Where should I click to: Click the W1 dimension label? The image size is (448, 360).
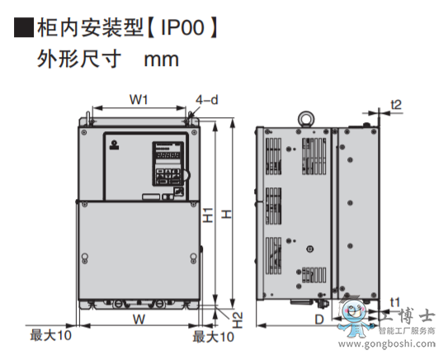pos(139,100)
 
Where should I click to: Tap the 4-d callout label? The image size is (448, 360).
pos(207,100)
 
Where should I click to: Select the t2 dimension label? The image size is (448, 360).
pos(396,105)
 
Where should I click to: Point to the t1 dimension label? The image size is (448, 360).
pos(395,302)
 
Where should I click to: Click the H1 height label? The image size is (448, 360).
pos(208,215)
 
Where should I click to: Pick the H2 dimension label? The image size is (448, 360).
pos(238,320)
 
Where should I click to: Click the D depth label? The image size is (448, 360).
pos(319,320)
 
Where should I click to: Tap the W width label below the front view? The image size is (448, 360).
pos(139,320)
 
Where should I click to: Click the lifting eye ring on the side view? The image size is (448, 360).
pos(306,119)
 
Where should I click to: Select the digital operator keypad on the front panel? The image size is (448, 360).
pos(167,163)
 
